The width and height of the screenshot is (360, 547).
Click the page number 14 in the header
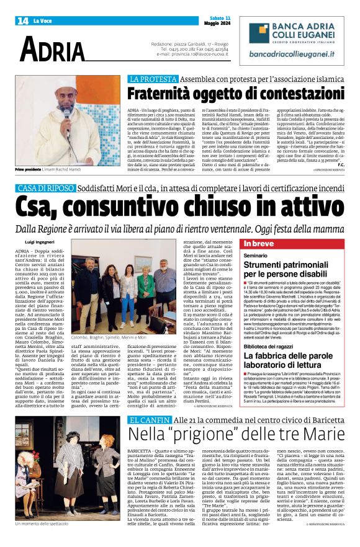point(23,20)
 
